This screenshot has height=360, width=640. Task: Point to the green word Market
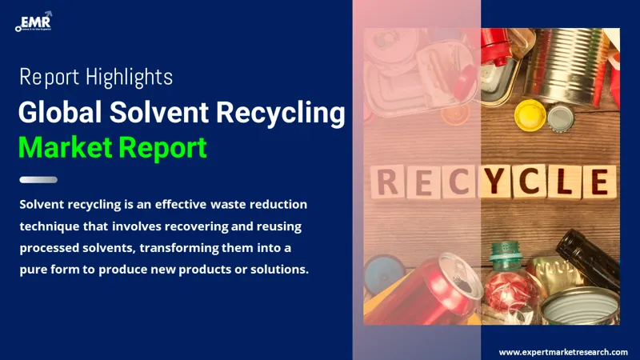(66, 147)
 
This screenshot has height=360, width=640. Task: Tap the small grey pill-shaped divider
(38, 180)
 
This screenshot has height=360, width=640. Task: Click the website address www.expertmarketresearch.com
(563, 352)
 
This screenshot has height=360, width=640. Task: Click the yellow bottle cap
(529, 114)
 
